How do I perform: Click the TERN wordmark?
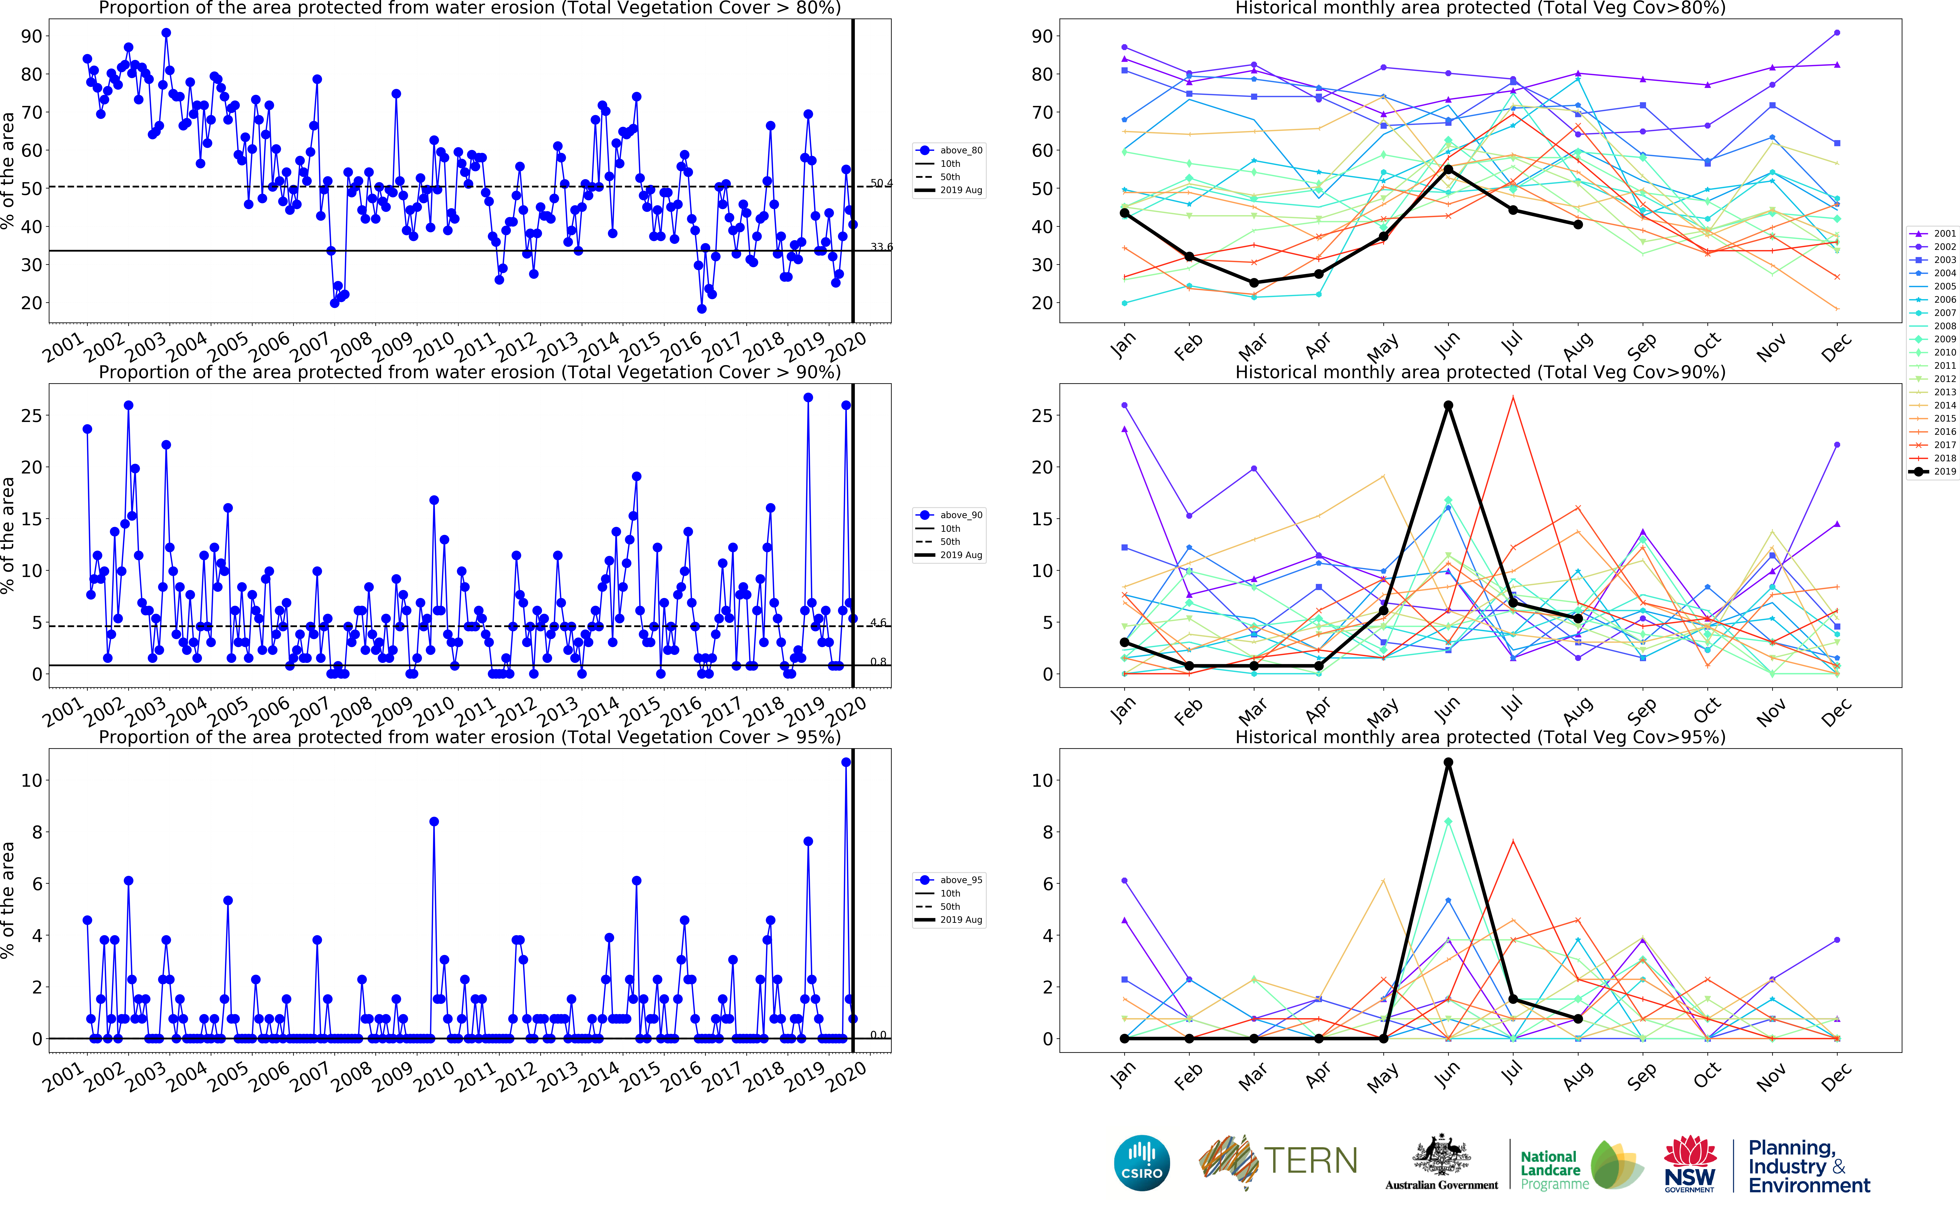[x=1310, y=1161]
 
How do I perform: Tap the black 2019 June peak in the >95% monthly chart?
[x=1447, y=763]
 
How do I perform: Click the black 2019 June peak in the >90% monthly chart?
[x=1447, y=406]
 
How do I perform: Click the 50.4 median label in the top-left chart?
[x=881, y=183]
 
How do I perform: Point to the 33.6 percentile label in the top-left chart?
[x=881, y=247]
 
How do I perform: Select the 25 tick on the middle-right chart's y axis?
[x=1042, y=416]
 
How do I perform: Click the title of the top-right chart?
[x=1480, y=8]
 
